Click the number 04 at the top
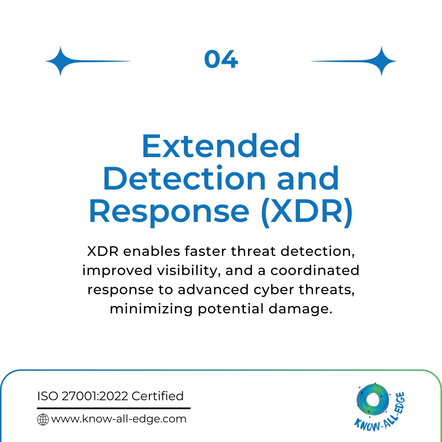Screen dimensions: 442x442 [221, 59]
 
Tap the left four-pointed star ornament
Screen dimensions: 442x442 [60, 61]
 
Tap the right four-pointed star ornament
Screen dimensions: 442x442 [382, 61]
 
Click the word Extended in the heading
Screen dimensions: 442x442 [221, 146]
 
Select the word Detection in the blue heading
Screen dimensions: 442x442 [185, 178]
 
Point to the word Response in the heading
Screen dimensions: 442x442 [169, 212]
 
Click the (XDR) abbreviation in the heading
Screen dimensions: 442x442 [307, 212]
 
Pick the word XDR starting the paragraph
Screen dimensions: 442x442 [103, 251]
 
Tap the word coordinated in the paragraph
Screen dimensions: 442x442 [315, 270]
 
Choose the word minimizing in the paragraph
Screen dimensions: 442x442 [151, 309]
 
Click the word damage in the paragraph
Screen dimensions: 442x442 [300, 309]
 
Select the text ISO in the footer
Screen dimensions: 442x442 [47, 396]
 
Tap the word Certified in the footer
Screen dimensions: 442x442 [158, 396]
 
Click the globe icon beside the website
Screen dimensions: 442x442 [43, 420]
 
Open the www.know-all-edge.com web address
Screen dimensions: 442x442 [119, 419]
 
